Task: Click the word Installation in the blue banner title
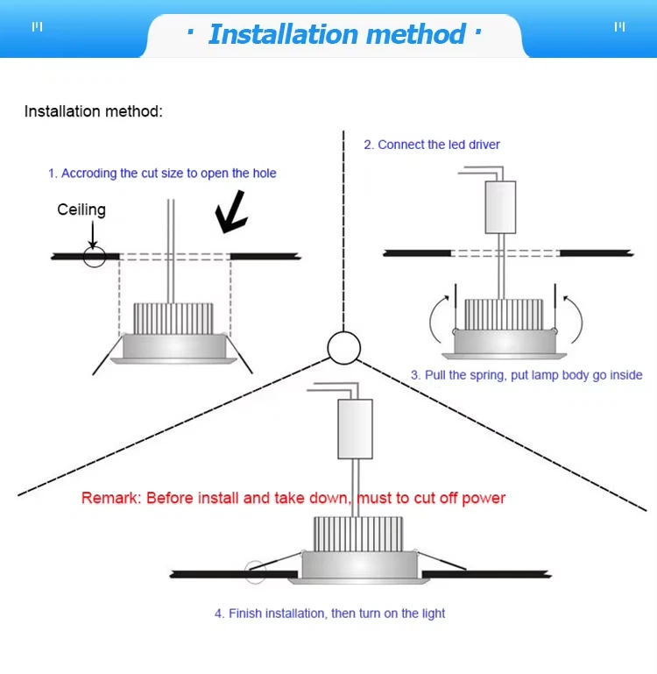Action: tap(283, 34)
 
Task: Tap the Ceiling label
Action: tap(81, 209)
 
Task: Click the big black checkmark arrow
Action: tap(231, 212)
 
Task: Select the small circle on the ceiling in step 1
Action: tap(95, 257)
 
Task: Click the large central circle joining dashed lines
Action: tap(343, 348)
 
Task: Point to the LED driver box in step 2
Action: tap(500, 207)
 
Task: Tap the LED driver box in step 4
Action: tap(355, 429)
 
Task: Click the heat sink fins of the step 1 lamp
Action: tap(173, 318)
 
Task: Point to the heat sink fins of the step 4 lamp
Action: tap(358, 534)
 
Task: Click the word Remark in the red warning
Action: tap(111, 498)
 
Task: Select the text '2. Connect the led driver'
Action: tap(432, 145)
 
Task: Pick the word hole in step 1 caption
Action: tap(265, 174)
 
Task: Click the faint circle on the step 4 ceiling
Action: tap(255, 572)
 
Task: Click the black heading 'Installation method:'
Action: tap(94, 111)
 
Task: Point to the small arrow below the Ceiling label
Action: tap(92, 235)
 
